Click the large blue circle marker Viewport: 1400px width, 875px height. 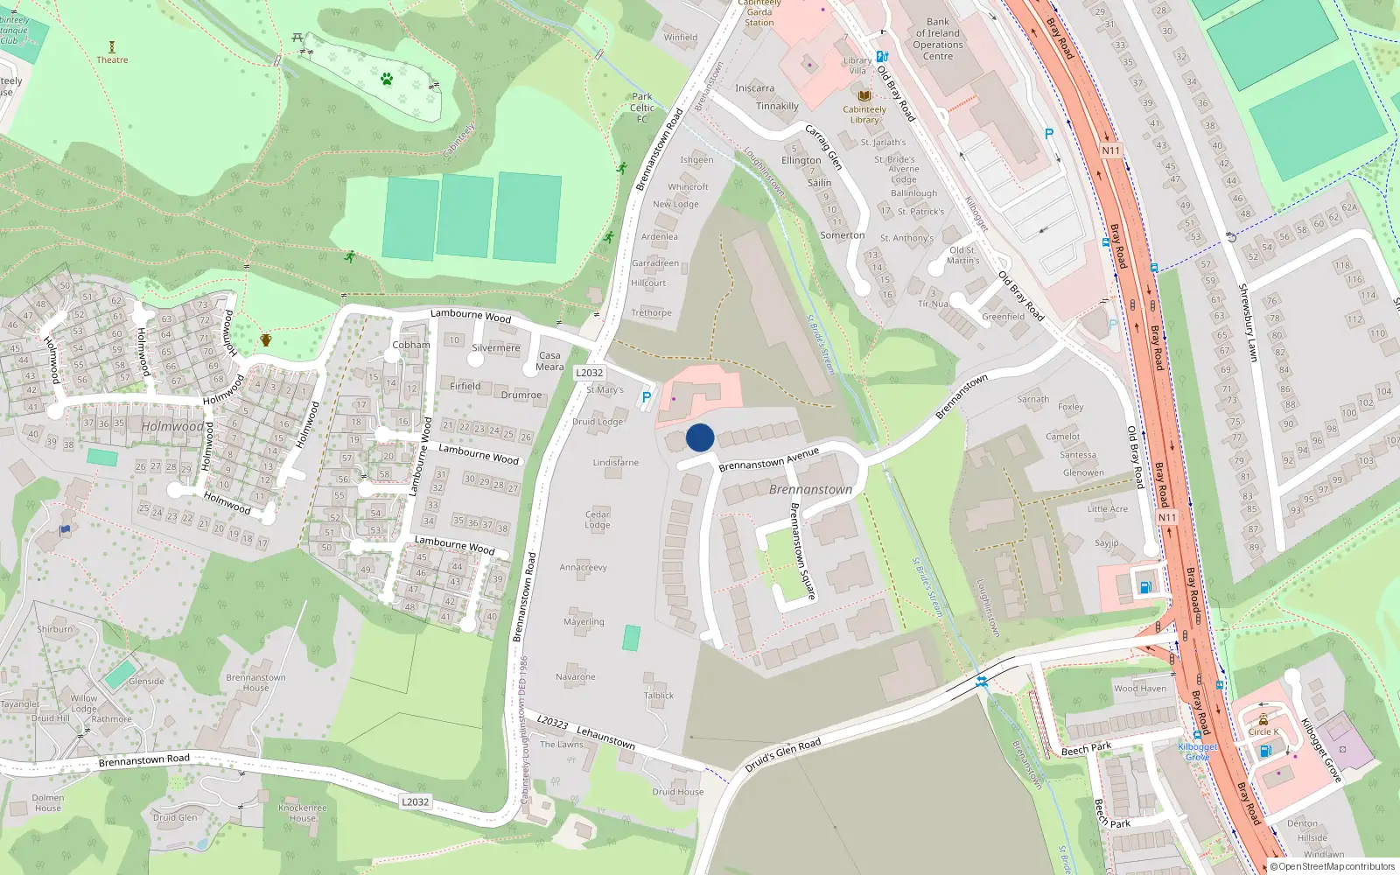pyautogui.click(x=700, y=437)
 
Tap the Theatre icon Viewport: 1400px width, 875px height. pyautogui.click(x=112, y=47)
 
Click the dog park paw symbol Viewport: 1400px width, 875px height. pyautogui.click(x=387, y=80)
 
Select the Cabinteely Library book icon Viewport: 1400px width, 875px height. pyautogui.click(x=864, y=95)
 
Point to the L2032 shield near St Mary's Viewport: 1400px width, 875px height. pyautogui.click(x=589, y=373)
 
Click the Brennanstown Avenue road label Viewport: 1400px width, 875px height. pyautogui.click(x=768, y=459)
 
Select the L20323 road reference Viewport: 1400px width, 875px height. pyautogui.click(x=552, y=722)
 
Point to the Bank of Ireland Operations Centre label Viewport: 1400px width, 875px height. pyautogui.click(x=938, y=39)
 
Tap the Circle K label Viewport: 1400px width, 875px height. pyautogui.click(x=1263, y=731)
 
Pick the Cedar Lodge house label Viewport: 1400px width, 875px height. pyautogui.click(x=598, y=520)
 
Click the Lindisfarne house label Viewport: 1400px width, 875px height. pyautogui.click(x=616, y=462)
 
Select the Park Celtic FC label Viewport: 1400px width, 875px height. pyautogui.click(x=642, y=108)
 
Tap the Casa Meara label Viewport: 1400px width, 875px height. pyautogui.click(x=549, y=361)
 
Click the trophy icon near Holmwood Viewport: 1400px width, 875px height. pyautogui.click(x=266, y=339)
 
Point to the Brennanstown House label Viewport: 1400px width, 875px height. pyautogui.click(x=255, y=682)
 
